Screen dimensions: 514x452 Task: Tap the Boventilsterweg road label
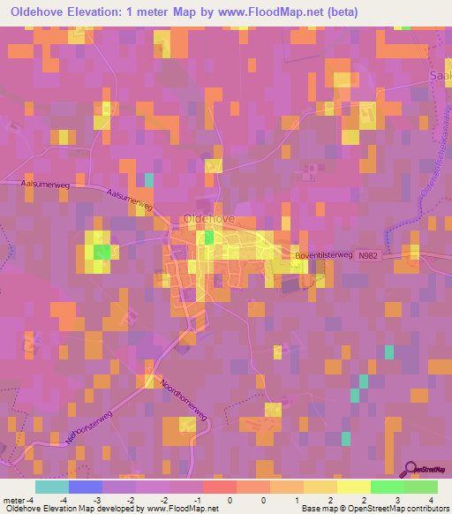pyautogui.click(x=322, y=255)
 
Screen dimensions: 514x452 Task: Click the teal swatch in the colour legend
pyautogui.click(x=52, y=487)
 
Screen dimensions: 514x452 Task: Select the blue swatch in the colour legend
pyautogui.click(x=86, y=487)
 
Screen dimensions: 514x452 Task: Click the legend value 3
pyautogui.click(x=398, y=500)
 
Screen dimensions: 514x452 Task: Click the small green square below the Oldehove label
pyautogui.click(x=209, y=237)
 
